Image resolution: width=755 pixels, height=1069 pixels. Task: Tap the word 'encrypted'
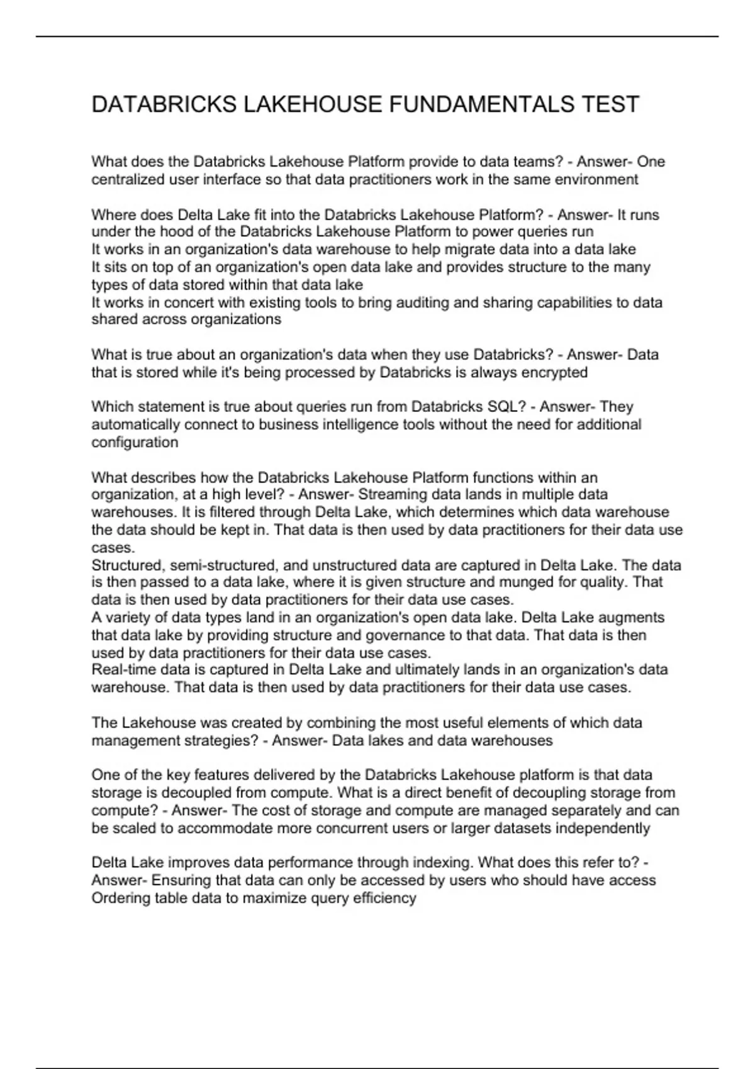557,372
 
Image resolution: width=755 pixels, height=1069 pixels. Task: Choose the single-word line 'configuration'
135,442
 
